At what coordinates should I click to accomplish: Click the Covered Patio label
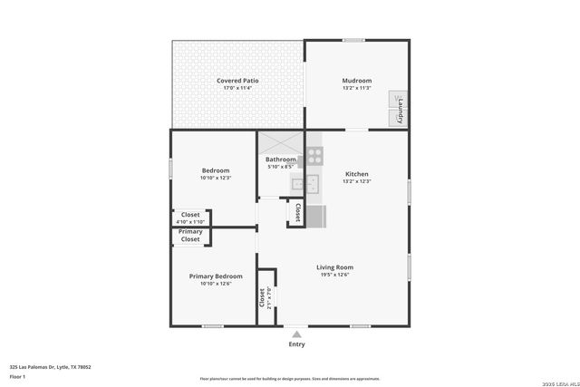[238, 81]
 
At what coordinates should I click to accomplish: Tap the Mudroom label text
[357, 81]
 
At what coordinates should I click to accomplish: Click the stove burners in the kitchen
[314, 155]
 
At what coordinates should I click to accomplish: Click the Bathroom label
[280, 160]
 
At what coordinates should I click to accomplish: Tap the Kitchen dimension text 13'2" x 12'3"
[357, 181]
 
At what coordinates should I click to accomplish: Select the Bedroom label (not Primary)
[215, 170]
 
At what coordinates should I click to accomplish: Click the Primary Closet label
[190, 236]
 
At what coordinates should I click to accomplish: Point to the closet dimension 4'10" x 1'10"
[190, 222]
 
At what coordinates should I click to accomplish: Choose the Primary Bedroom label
[216, 276]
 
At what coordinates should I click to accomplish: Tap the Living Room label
[334, 266]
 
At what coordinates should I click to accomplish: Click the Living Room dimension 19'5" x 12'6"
[334, 275]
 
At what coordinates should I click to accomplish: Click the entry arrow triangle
[296, 334]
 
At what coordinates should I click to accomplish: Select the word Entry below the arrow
[296, 344]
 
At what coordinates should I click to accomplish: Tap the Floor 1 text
[17, 376]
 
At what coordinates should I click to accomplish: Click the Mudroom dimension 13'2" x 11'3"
[357, 89]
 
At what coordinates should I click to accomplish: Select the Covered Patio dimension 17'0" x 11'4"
[238, 89]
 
